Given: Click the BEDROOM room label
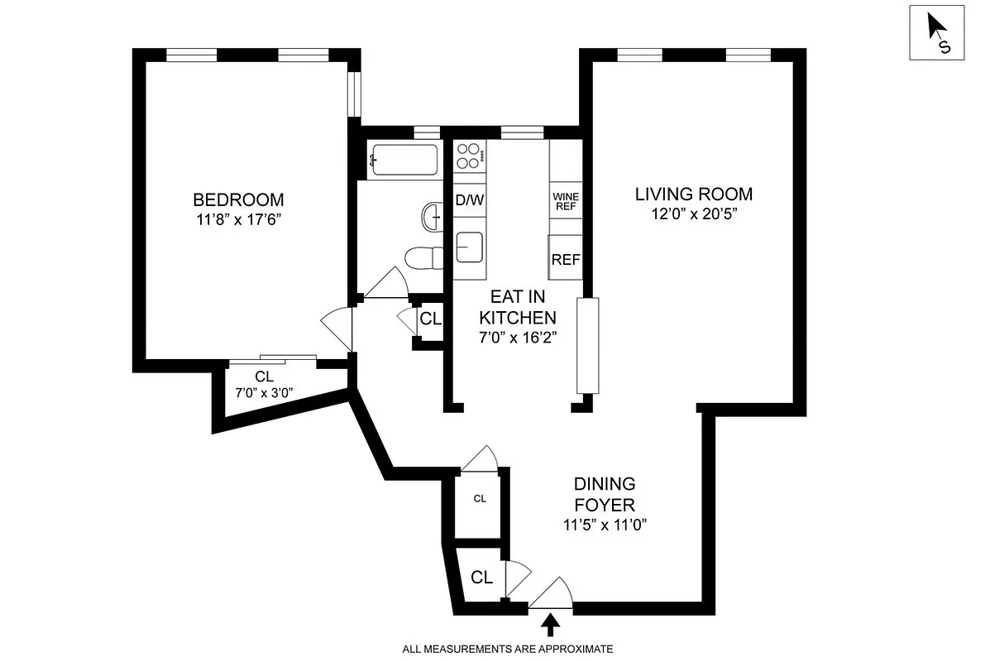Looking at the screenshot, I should click(238, 199).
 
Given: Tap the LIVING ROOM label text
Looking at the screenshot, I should click(693, 194).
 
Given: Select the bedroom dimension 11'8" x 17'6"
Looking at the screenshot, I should click(238, 219).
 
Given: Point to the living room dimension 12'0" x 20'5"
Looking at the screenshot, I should click(693, 214).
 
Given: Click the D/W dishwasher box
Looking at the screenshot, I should click(469, 199).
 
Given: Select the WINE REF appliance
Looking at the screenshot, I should click(565, 201).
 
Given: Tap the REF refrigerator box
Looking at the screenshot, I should click(565, 259).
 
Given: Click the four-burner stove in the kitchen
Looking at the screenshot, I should click(469, 156).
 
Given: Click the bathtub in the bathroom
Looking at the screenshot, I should click(404, 160).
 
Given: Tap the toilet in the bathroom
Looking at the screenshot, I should click(422, 258).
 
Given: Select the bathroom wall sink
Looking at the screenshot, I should click(432, 218).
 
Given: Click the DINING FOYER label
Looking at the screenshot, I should click(605, 494).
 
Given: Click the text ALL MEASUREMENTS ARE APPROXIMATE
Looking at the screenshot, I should click(507, 649).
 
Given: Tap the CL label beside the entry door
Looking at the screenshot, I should click(481, 578).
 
